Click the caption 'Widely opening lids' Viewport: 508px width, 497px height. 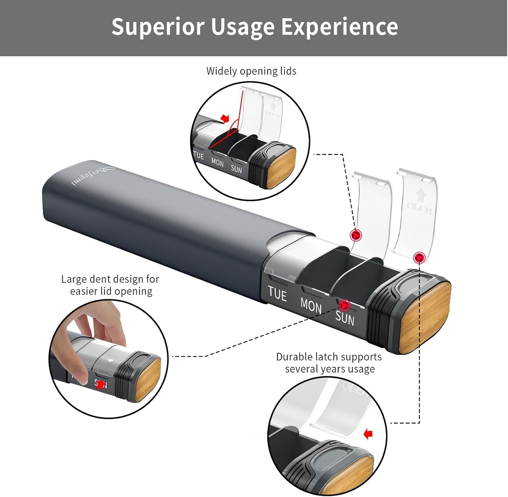[x=251, y=71]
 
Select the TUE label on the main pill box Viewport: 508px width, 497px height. [x=277, y=293]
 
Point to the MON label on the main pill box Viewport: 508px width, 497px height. [x=311, y=305]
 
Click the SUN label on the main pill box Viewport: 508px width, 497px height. [x=345, y=318]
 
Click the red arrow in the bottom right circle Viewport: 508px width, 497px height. [x=368, y=434]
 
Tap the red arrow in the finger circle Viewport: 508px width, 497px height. [x=101, y=385]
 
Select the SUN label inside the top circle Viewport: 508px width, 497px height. [x=236, y=169]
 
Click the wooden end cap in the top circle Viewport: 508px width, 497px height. [x=281, y=168]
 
